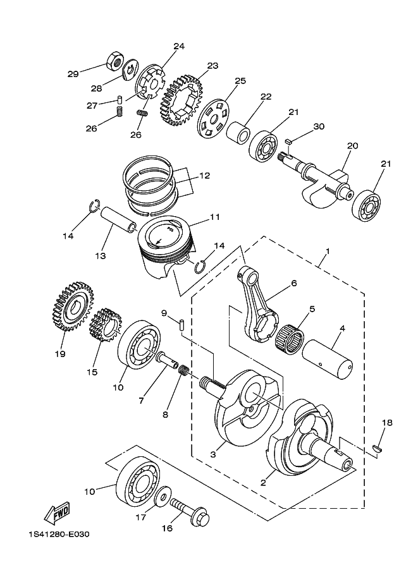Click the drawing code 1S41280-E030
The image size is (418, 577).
[59, 535]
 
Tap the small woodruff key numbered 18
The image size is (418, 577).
[378, 447]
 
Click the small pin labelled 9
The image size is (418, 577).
[181, 325]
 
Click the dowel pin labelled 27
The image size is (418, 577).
[119, 100]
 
